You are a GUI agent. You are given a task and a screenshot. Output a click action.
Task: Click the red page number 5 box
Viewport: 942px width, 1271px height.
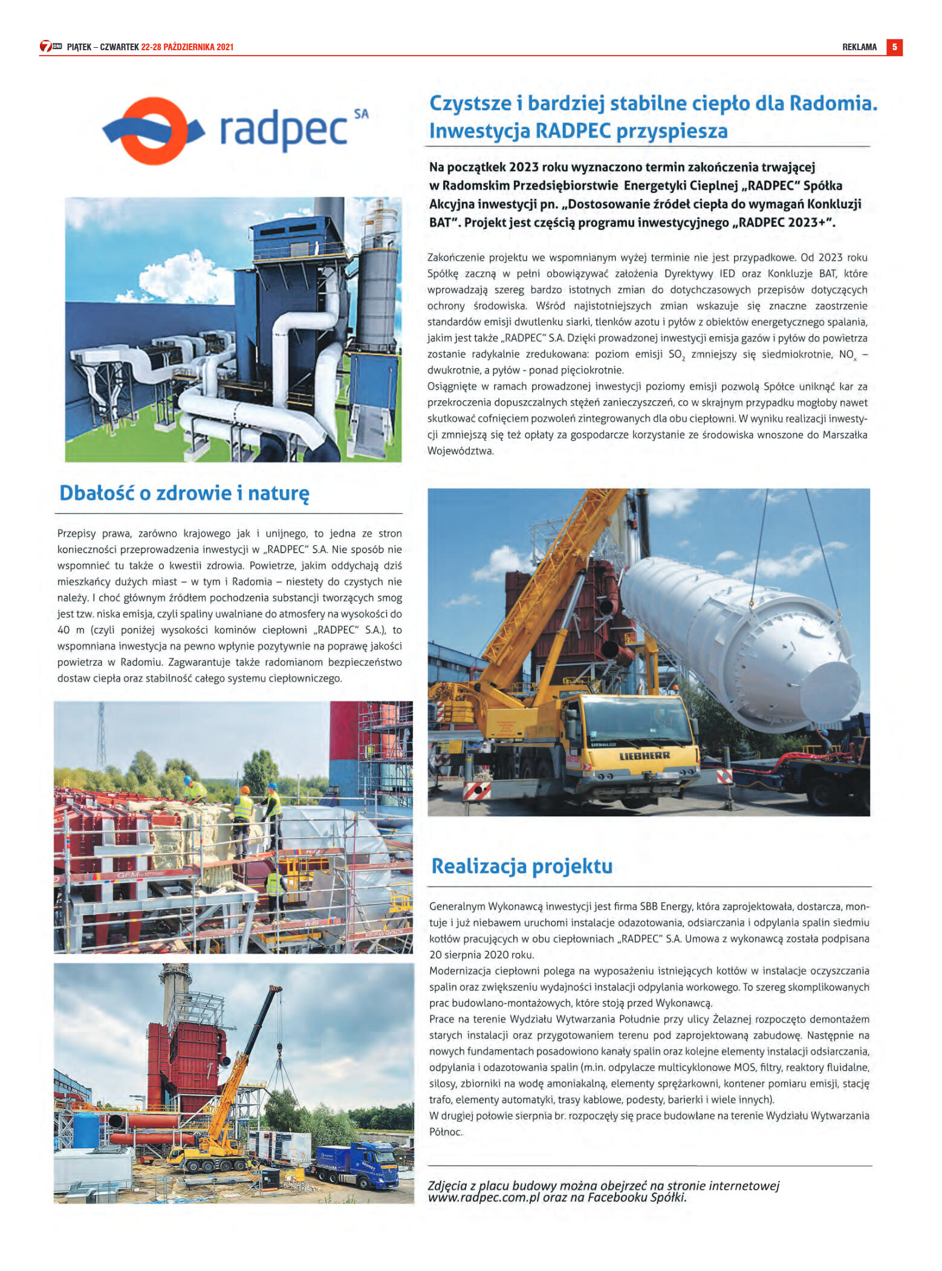pyautogui.click(x=894, y=47)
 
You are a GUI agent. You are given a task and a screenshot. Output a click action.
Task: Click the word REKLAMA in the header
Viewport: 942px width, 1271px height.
pyautogui.click(x=859, y=47)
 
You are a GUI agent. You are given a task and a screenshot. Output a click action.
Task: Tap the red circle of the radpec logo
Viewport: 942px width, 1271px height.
pyautogui.click(x=154, y=131)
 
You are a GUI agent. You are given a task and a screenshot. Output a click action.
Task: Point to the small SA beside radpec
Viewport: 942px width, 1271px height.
pyautogui.click(x=361, y=114)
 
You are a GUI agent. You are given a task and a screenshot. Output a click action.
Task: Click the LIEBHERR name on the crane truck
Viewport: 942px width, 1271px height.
pyautogui.click(x=645, y=756)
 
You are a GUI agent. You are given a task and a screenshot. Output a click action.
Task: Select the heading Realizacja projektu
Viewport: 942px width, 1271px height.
pyautogui.click(x=522, y=866)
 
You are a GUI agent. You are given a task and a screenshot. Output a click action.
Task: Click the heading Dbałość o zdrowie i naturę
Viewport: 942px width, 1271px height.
pyautogui.click(x=184, y=493)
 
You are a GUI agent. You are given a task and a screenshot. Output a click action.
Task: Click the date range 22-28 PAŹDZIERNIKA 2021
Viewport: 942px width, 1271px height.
pyautogui.click(x=187, y=47)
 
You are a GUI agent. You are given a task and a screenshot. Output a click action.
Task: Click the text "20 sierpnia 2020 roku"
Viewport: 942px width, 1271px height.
pyautogui.click(x=482, y=955)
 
